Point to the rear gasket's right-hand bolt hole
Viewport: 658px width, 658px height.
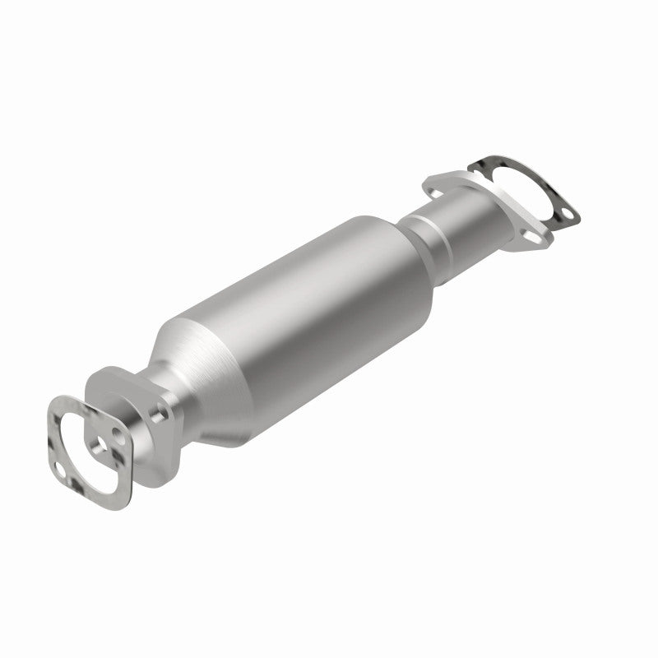tap(567, 218)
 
